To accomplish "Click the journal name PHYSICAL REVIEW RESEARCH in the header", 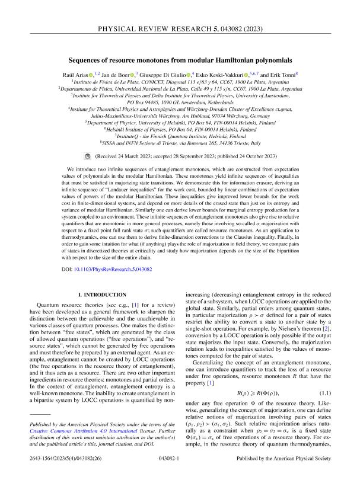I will [x=180, y=12].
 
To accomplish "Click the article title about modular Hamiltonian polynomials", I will [x=180, y=60].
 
